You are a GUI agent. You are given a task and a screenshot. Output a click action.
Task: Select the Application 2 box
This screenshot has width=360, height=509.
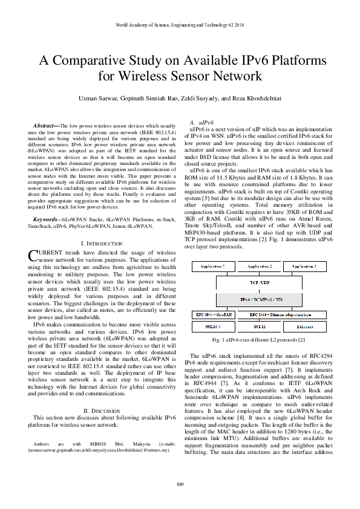(x=258, y=267)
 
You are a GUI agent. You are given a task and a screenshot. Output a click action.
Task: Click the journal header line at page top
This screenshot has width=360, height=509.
(x=180, y=25)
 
